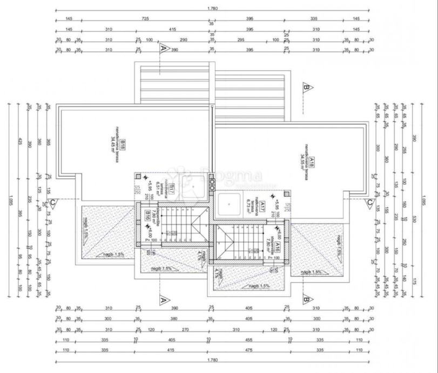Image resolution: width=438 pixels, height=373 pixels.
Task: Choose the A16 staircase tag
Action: tap(277, 247)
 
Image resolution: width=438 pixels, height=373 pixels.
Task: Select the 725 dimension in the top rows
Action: tap(145, 19)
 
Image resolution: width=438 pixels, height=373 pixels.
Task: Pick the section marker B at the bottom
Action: tap(306, 298)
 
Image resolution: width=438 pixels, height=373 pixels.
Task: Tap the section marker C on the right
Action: tap(369, 203)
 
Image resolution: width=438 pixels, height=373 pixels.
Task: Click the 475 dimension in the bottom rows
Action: tap(249, 350)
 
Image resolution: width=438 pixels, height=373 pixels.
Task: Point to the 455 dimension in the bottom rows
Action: tap(249, 340)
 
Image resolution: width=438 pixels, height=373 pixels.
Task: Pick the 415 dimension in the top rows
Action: tap(172, 29)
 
